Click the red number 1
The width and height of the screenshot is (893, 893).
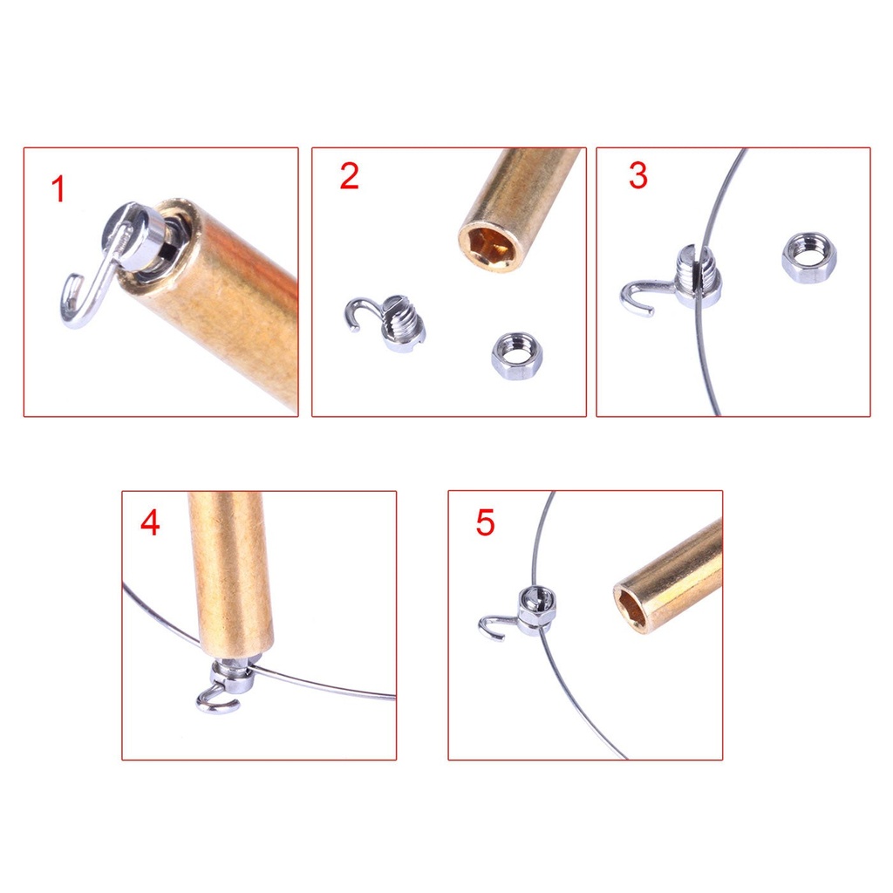58,189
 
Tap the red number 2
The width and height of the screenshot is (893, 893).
349,176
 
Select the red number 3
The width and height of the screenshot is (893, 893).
638,176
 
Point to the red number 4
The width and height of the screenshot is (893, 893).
150,523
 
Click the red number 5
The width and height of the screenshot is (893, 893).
485,523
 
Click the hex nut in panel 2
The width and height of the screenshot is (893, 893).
516,355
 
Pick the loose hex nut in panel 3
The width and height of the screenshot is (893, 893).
808,257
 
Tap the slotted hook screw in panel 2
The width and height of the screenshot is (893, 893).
402,323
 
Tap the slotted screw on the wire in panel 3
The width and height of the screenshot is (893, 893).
698,276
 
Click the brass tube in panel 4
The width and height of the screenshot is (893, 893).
230,576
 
